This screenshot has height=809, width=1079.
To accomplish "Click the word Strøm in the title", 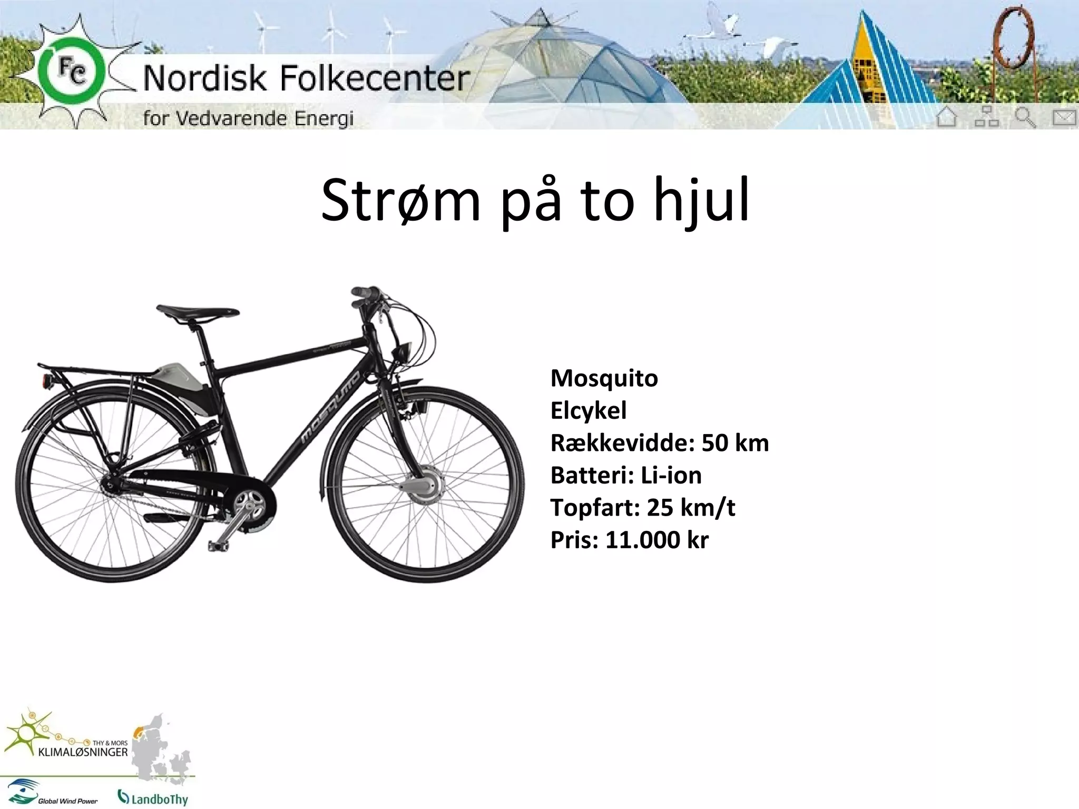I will pos(400,201).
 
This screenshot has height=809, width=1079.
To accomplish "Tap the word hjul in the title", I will pos(701,201).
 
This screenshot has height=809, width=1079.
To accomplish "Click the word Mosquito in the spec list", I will pos(604,378).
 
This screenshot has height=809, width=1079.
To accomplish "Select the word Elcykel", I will pos(588,410).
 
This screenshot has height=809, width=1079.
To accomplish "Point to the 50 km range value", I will pos(735,443).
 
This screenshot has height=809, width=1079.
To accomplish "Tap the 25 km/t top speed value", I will pos(691,508).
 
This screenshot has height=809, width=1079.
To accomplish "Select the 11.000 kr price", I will pos(656,540).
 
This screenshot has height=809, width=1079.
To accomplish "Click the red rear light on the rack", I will pos(46,381).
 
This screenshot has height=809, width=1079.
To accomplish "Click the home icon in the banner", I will pos(946,116).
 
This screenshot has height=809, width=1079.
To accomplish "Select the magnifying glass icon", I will pos(1025,117).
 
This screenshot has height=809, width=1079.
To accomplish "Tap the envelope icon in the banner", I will pos(1064,117).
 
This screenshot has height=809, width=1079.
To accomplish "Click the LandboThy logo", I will pos(153,797).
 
